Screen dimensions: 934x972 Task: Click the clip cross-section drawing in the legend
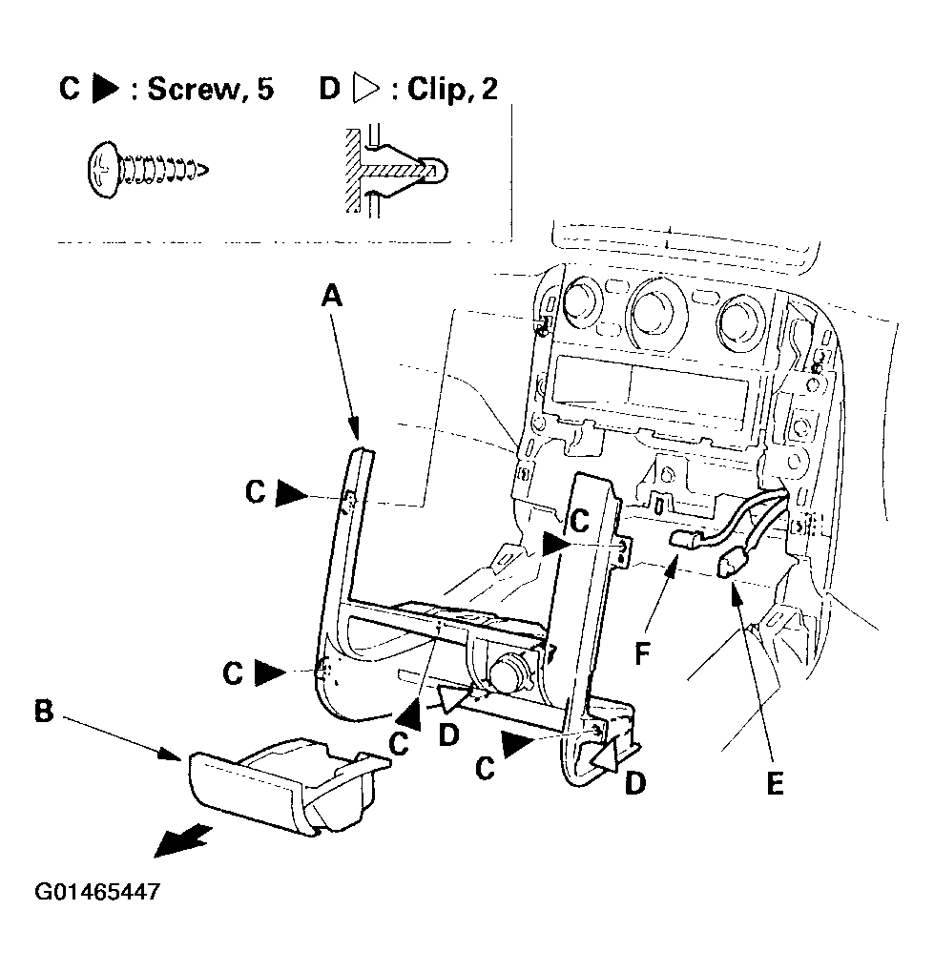coord(395,170)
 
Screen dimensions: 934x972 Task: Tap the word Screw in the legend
coord(194,90)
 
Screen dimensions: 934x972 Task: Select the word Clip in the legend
coord(433,90)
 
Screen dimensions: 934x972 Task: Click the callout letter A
coord(332,296)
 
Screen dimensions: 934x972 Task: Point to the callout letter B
coord(44,711)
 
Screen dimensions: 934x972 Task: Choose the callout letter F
coord(642,653)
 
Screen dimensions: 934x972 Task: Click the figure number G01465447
coord(97,892)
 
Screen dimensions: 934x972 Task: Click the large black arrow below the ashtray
coord(182,840)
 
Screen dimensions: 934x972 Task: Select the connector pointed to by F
coord(685,539)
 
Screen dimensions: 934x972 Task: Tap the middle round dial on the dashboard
coord(656,310)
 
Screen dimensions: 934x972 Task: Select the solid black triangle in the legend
coord(106,89)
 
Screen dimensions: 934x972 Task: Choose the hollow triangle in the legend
coord(366,89)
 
